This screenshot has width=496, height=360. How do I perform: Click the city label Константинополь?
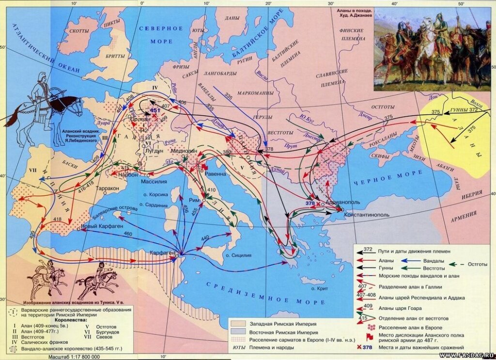(365, 214)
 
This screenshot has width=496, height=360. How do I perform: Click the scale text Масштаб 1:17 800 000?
(74, 356)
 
